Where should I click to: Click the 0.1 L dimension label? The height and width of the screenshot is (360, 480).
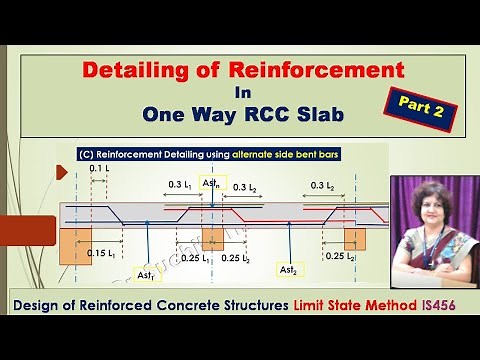coord(100,170)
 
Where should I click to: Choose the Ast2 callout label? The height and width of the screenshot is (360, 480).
coord(287,270)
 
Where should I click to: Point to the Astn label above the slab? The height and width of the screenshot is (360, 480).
coord(212,187)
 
